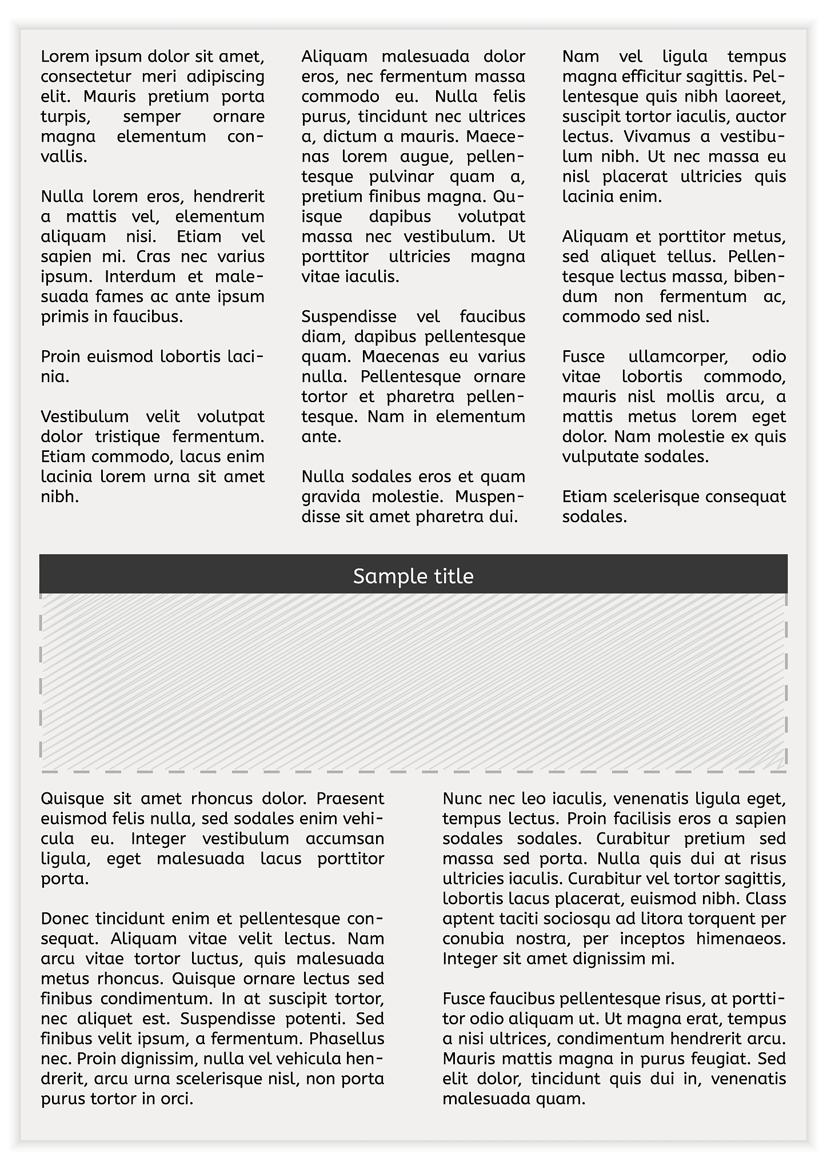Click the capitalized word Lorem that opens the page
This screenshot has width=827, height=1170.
click(x=60, y=57)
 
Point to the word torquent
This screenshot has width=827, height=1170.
click(x=716, y=919)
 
